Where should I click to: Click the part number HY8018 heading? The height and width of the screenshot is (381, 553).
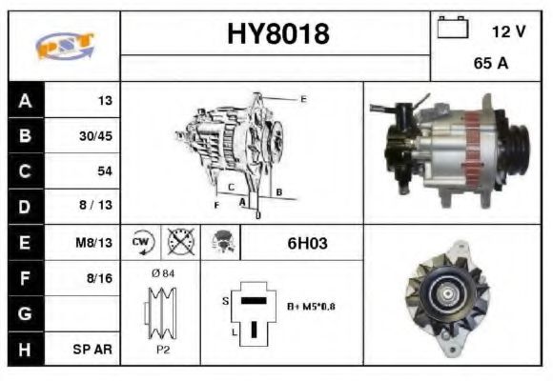pos(277,34)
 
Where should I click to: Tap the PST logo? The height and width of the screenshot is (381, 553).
pos(64,46)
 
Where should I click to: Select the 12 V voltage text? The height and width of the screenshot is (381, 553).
pos(508,31)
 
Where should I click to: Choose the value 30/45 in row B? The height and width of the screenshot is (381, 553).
pos(95,136)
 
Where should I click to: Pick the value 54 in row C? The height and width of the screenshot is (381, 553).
pos(103,171)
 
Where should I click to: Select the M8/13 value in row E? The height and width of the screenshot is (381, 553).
pos(95,243)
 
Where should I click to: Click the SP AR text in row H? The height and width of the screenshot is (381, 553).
pos(95,349)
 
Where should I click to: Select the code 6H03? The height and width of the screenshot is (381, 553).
pos(307,243)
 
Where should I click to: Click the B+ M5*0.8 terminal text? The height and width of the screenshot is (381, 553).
pos(311,307)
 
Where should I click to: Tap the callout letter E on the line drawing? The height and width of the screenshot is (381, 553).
pos(303,98)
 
